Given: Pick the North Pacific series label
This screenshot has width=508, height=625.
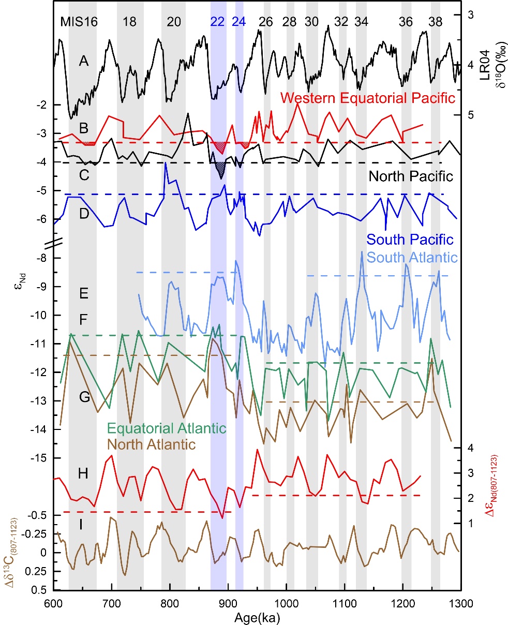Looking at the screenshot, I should [x=411, y=176].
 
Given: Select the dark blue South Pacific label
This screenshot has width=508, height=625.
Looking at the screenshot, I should [x=410, y=240].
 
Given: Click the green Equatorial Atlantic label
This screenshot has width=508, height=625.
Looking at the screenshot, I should [x=167, y=428].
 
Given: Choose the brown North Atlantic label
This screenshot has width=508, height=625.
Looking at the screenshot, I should [x=151, y=444].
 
